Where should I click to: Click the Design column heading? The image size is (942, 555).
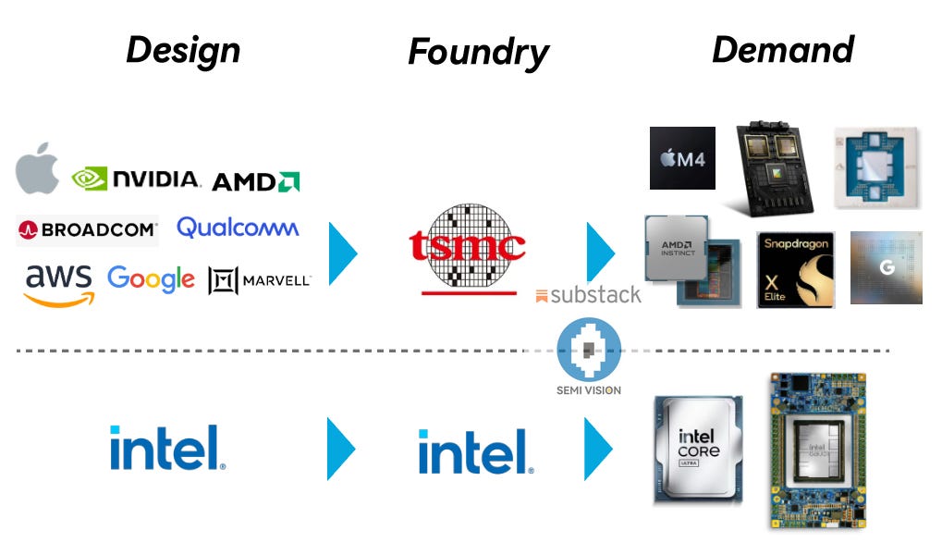pos(183,50)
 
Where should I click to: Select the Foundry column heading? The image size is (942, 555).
pos(478,53)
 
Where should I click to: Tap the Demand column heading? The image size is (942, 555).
pos(782,50)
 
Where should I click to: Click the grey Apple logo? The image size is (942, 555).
pos(38,169)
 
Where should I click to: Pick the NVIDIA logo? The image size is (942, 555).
pos(136,179)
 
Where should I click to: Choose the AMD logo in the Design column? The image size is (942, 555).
pos(255,181)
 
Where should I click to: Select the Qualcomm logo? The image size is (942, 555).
pos(238,228)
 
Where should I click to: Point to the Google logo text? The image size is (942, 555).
pos(151,278)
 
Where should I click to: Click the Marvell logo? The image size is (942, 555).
pos(260,280)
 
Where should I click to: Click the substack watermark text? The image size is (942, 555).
pos(589,296)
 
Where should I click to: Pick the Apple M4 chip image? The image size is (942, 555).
pos(682,158)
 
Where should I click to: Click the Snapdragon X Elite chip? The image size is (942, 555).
pos(795,269)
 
